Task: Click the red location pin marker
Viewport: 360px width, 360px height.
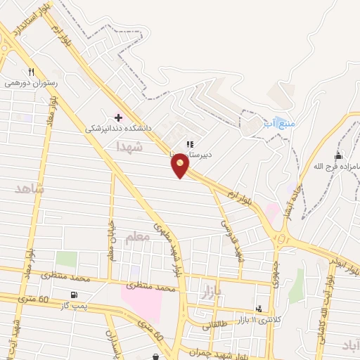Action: (181, 166)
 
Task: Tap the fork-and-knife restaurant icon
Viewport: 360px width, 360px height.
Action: (31, 72)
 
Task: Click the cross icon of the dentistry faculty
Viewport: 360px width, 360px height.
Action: (117, 117)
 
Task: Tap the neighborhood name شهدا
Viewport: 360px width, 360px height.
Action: (130, 146)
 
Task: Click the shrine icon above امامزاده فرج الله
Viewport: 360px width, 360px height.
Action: (338, 155)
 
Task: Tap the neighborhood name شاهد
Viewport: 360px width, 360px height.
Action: (29, 188)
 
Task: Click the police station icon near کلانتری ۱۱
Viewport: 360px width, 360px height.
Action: (260, 308)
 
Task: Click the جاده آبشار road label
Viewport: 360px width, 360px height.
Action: (290, 201)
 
